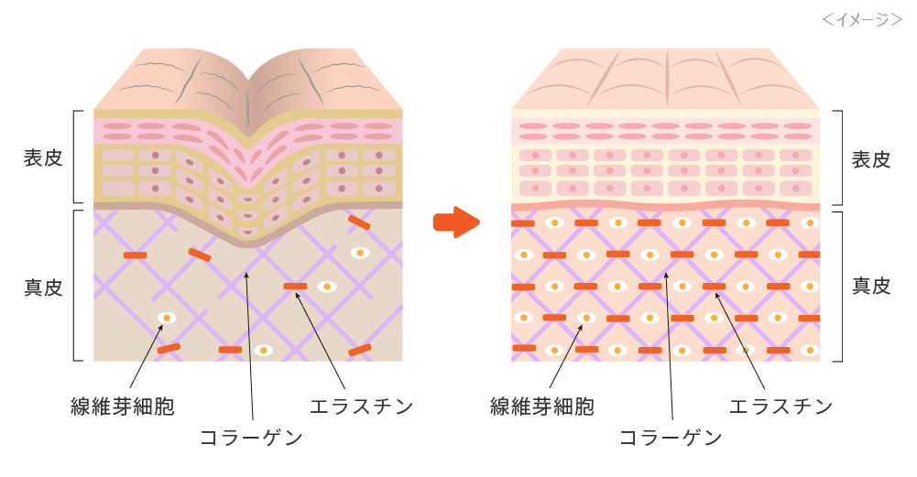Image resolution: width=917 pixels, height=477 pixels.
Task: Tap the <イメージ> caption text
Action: click(862, 18)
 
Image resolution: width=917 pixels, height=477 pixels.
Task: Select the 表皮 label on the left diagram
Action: click(42, 157)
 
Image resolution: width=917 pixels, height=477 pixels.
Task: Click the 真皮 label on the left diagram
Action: click(42, 287)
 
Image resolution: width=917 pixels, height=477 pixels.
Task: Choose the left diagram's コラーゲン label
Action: click(251, 437)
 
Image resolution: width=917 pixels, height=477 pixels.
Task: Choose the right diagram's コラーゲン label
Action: click(671, 437)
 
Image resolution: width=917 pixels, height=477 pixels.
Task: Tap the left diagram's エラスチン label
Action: click(362, 406)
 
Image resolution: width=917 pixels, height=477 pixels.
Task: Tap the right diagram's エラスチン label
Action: click(781, 406)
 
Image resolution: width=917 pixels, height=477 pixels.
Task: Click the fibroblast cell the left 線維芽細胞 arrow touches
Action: click(167, 319)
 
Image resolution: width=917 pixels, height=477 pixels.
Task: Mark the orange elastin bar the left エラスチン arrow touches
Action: click(295, 287)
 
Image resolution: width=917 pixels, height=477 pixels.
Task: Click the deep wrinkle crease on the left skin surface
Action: click(248, 92)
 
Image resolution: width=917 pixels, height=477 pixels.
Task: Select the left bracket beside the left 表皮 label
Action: click(75, 157)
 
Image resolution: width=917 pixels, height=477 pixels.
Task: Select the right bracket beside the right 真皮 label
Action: click(838, 287)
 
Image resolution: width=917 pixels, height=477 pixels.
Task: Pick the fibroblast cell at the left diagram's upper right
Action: click(361, 253)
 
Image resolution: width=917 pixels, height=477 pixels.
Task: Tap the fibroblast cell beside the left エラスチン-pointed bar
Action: click(326, 287)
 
